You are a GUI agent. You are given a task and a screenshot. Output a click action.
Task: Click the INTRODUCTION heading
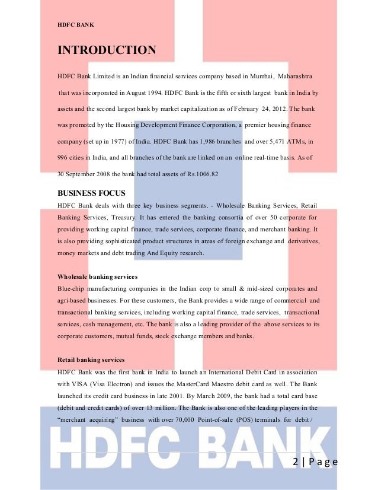pyautogui.click(x=107, y=50)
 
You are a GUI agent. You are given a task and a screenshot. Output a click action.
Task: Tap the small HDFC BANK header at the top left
pyautogui.click(x=75, y=24)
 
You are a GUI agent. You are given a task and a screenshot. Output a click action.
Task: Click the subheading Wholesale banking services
pyautogui.click(x=97, y=276)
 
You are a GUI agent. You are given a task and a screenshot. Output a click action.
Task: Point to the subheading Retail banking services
pyautogui.click(x=91, y=359)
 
